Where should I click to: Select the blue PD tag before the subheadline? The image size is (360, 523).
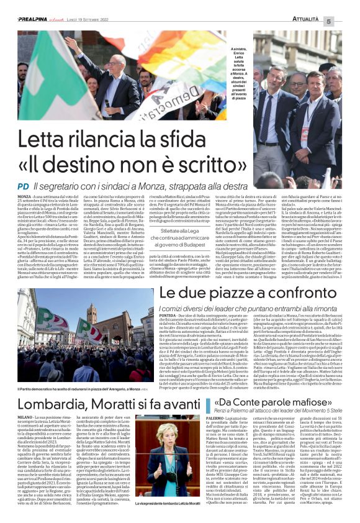click(x=24, y=186)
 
